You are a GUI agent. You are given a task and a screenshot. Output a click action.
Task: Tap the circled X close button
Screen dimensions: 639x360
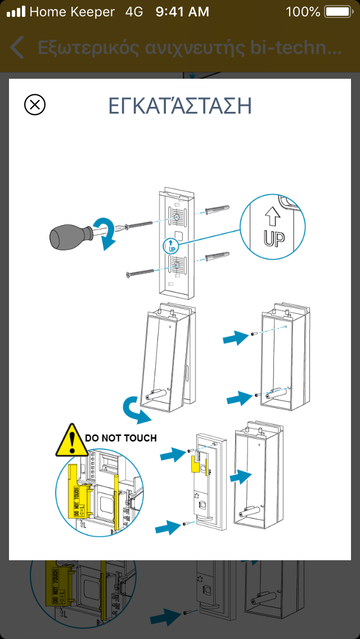click(35, 105)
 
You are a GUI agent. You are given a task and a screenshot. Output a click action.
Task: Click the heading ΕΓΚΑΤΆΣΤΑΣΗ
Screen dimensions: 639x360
click(179, 106)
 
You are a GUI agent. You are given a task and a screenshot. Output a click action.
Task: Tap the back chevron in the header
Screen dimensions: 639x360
click(17, 48)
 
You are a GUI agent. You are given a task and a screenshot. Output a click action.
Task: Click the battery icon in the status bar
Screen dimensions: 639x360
click(337, 12)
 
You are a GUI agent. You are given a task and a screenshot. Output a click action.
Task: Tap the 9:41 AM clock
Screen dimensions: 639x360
click(182, 12)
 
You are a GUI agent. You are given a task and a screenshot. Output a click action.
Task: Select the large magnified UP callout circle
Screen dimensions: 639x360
click(273, 227)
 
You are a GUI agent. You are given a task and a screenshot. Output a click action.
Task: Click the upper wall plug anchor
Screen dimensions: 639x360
click(217, 211)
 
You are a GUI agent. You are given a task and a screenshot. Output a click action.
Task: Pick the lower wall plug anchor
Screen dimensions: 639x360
click(217, 257)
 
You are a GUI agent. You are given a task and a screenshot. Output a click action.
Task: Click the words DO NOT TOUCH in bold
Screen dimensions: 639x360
click(120, 437)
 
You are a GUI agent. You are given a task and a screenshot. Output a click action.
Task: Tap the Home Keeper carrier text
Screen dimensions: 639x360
click(72, 12)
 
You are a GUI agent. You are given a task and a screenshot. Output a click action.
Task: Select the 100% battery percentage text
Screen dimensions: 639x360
click(303, 12)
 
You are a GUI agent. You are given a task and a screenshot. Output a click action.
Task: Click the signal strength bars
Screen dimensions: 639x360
click(16, 12)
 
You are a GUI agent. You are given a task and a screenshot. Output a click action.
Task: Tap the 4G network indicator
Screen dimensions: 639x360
click(134, 12)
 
